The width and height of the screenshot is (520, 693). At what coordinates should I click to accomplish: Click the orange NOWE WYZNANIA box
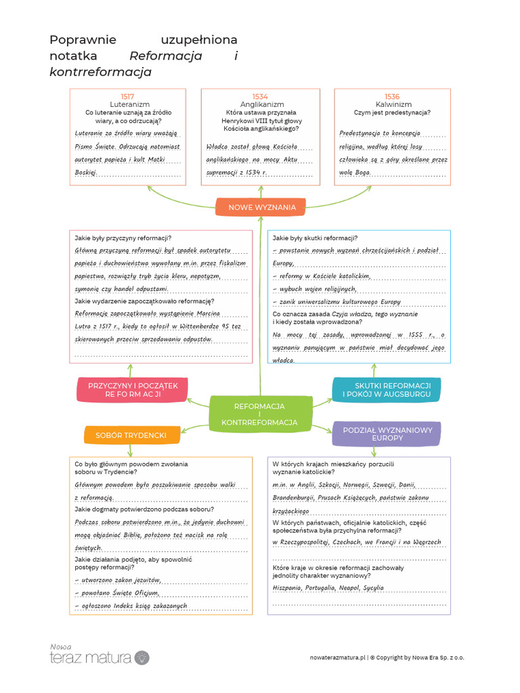pyautogui.click(x=261, y=207)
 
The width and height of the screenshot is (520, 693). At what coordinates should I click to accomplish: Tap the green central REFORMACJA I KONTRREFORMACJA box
pyautogui.click(x=259, y=414)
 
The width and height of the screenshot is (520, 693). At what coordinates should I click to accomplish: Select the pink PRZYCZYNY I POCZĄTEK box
pyautogui.click(x=128, y=390)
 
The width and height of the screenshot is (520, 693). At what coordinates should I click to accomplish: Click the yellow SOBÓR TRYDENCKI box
pyautogui.click(x=131, y=435)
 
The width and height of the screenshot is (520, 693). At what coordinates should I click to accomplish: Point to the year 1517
pyautogui.click(x=127, y=97)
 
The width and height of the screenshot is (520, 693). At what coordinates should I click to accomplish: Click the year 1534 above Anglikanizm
pyautogui.click(x=260, y=97)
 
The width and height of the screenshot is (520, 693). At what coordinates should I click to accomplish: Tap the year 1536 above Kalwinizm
pyautogui.click(x=392, y=97)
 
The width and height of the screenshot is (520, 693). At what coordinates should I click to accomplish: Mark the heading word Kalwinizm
pyautogui.click(x=393, y=105)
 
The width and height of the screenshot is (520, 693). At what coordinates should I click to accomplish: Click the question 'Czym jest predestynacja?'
pyautogui.click(x=392, y=113)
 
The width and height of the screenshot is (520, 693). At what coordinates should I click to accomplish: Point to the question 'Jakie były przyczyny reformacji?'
pyautogui.click(x=123, y=238)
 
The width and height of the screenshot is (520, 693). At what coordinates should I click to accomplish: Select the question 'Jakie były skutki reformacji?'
pyautogui.click(x=316, y=238)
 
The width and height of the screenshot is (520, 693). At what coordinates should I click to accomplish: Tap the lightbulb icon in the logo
pyautogui.click(x=142, y=656)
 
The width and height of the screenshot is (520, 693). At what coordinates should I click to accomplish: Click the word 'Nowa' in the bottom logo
pyautogui.click(x=60, y=646)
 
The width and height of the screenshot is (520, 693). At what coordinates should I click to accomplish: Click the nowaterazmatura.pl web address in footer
pyautogui.click(x=337, y=657)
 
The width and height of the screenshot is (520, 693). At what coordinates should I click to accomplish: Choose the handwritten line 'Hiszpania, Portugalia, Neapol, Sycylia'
pyautogui.click(x=326, y=588)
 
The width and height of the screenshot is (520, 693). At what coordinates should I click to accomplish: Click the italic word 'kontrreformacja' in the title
pyautogui.click(x=100, y=72)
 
